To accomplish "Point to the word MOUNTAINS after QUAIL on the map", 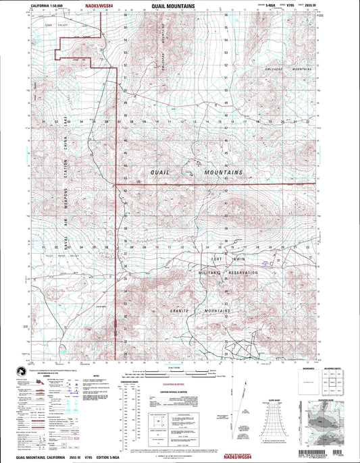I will [x=223, y=173].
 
